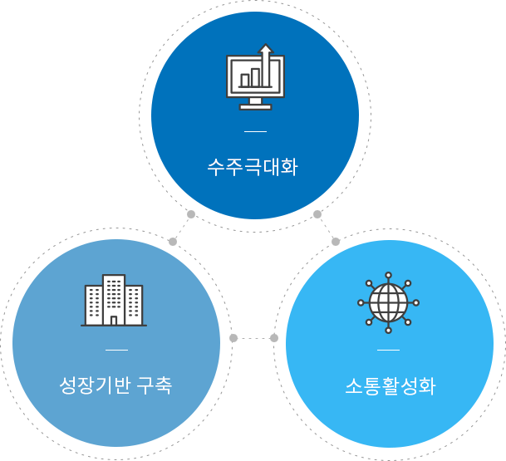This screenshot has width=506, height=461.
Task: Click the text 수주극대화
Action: [x=253, y=167]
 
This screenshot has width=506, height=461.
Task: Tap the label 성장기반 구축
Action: [x=115, y=385]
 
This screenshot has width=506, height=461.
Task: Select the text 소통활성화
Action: [x=391, y=386]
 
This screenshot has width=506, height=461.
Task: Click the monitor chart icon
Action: [x=255, y=76]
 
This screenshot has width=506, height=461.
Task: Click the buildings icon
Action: [x=114, y=301]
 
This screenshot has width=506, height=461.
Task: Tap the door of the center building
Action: [x=114, y=321]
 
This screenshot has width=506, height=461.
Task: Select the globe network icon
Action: [x=389, y=302]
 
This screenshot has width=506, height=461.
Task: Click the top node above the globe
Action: [x=389, y=275]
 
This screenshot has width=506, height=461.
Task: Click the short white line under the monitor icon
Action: [x=255, y=131]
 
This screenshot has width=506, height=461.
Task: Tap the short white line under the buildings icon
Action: [x=116, y=350]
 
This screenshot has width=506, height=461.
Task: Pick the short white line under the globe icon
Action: [x=389, y=350]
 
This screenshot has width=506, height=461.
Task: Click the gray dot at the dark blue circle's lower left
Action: [x=191, y=214]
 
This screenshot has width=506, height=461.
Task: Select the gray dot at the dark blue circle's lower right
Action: [x=317, y=214]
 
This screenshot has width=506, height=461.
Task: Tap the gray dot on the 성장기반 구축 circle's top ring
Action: [x=173, y=242]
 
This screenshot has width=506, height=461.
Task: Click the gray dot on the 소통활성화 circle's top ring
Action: [x=336, y=242]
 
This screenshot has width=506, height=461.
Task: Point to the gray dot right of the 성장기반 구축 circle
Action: [x=233, y=338]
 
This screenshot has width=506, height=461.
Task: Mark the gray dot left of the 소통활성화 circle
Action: [x=274, y=338]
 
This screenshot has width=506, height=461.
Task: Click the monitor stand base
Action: [x=255, y=107]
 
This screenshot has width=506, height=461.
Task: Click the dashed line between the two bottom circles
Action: [x=253, y=338]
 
